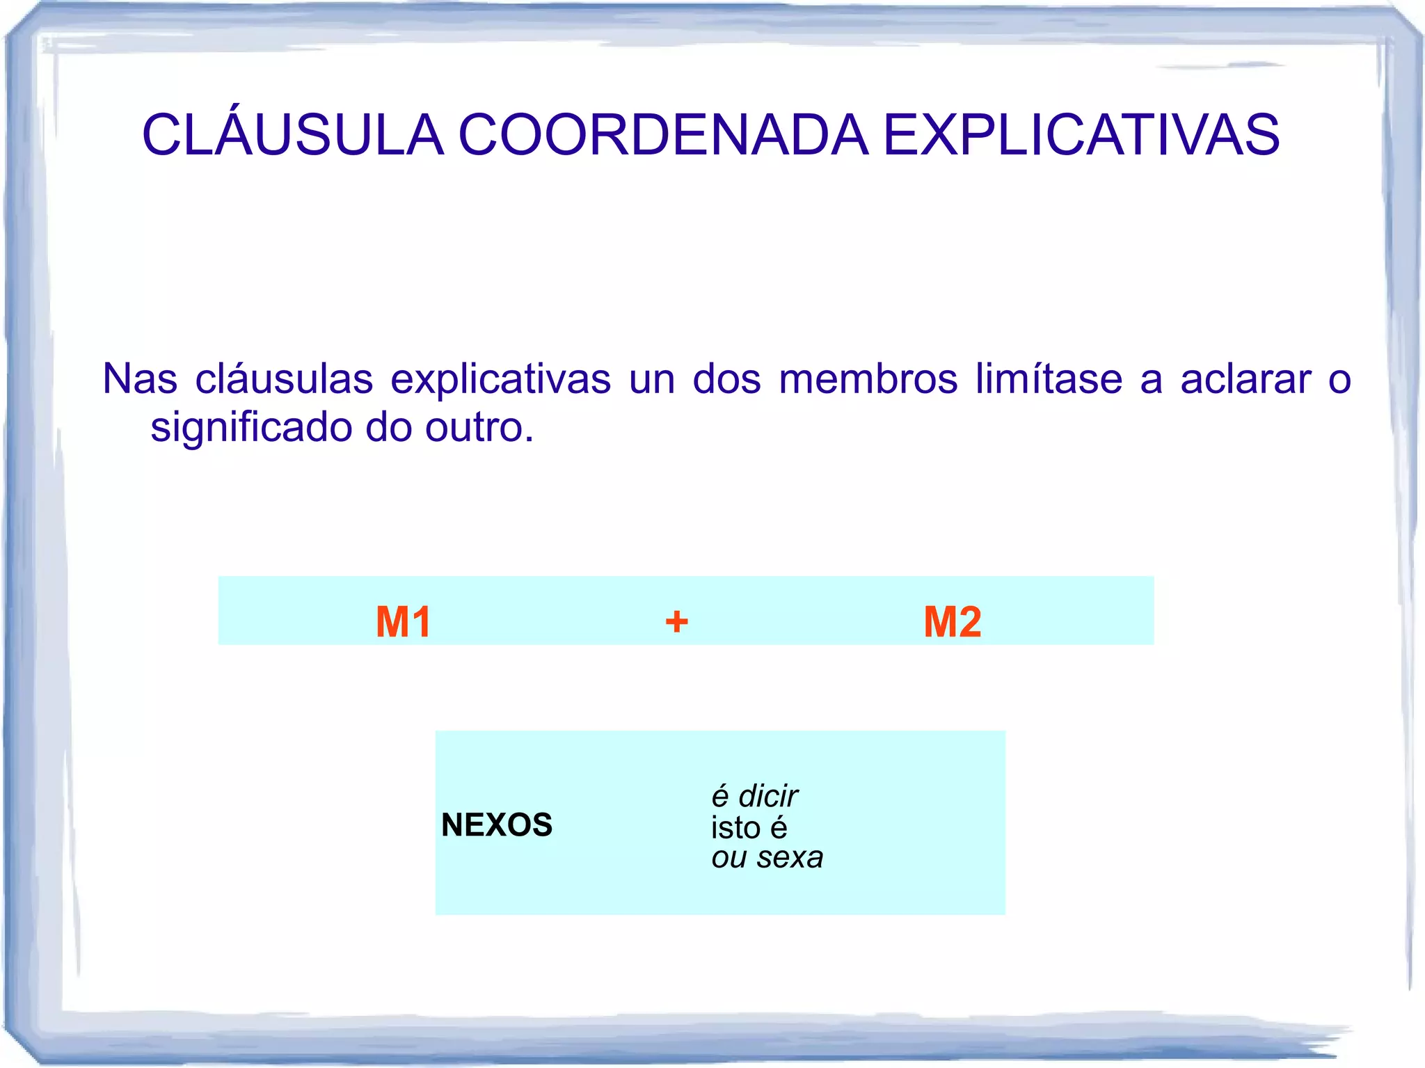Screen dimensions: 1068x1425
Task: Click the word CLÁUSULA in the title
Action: coord(293,134)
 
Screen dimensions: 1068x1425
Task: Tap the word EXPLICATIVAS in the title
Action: coord(1081,134)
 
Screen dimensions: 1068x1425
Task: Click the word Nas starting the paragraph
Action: coord(140,380)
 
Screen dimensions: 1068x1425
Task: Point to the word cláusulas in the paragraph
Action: coord(284,380)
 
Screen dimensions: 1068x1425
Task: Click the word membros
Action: coord(868,380)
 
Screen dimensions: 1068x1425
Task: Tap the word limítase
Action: coord(1049,380)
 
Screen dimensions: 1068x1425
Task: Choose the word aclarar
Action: coord(1245,380)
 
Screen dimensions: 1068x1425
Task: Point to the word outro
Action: coord(479,428)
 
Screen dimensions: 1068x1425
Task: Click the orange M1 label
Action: coord(404,621)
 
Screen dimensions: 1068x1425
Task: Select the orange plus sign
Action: coord(676,621)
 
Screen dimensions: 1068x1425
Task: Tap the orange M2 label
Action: coord(952,621)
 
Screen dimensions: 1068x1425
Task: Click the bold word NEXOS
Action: coord(497,825)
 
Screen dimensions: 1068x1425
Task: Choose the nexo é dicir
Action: coord(754,796)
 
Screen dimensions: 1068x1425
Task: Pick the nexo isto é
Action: coord(749,827)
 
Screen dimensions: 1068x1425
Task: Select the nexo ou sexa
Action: coord(767,857)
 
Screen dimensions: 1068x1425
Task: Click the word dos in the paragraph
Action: coord(726,380)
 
